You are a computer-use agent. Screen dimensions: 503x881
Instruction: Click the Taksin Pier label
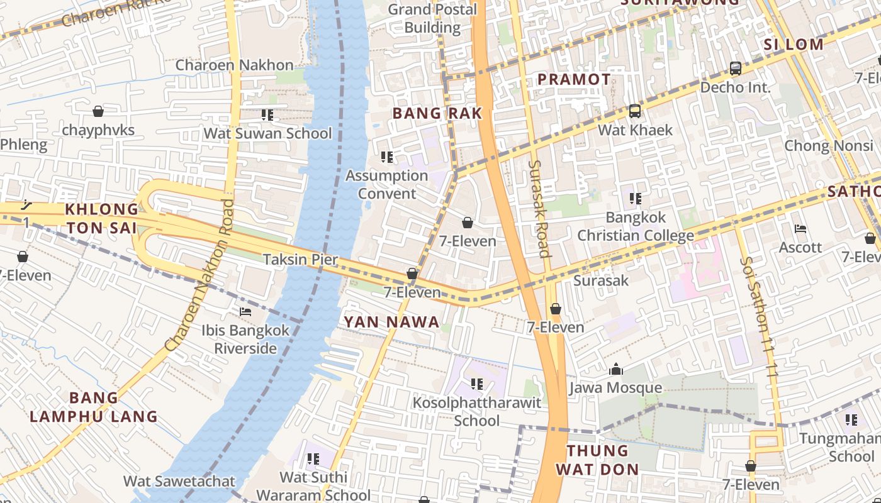point(300,259)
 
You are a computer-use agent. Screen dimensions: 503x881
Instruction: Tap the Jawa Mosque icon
point(615,369)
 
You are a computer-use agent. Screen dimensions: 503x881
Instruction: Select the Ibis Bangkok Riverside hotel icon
point(245,311)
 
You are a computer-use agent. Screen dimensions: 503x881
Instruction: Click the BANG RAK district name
point(437,113)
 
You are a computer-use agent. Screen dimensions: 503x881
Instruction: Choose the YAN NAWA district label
point(391,322)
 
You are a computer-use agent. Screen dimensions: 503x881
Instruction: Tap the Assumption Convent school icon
point(387,157)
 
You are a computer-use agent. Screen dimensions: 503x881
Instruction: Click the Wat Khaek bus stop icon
point(635,111)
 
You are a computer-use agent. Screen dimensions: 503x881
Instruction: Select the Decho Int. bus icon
point(735,69)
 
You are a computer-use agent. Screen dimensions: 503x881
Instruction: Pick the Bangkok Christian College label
point(636,226)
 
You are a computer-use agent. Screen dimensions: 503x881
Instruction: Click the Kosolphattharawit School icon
point(477,384)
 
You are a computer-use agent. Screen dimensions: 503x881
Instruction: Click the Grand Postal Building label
point(432,18)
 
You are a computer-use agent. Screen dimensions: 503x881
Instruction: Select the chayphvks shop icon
point(98,111)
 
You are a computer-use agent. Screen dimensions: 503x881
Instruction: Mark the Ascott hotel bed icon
point(800,229)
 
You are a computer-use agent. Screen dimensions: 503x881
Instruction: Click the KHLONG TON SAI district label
point(102,218)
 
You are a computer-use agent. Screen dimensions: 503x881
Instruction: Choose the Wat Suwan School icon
point(267,115)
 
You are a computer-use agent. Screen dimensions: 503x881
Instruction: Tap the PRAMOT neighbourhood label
point(574,79)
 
